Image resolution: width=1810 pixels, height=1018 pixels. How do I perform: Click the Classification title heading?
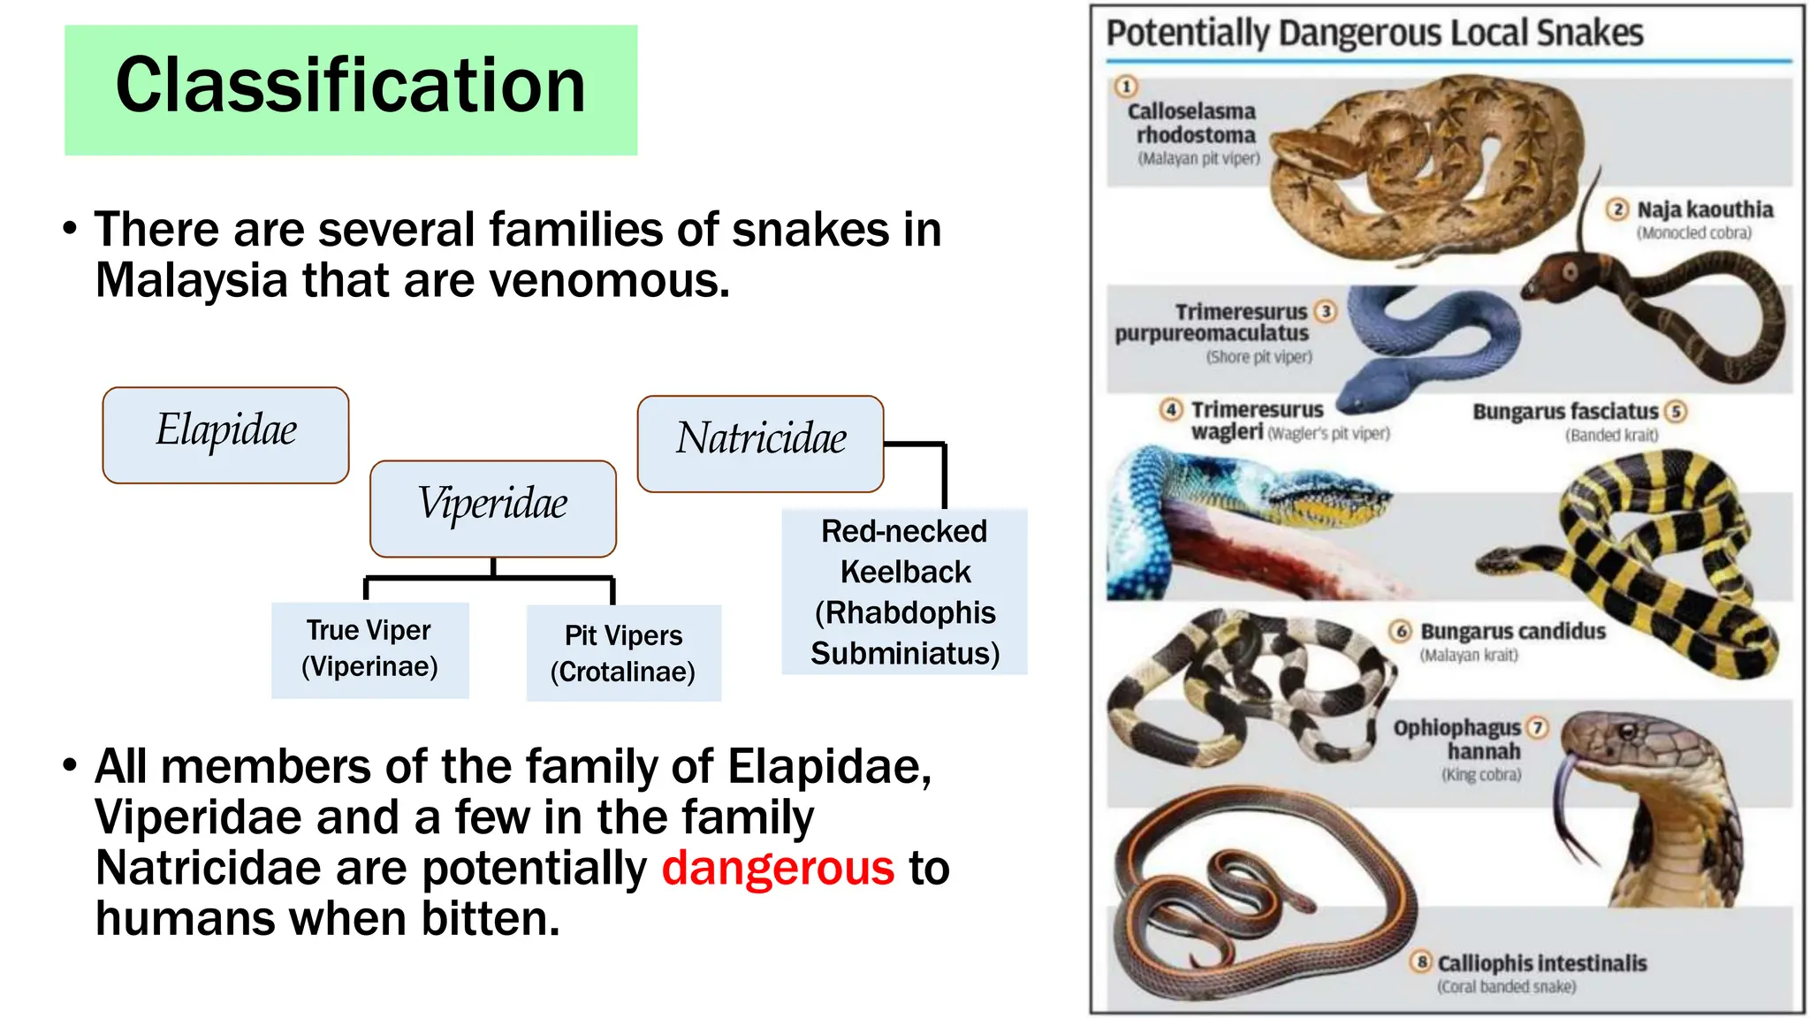click(x=350, y=87)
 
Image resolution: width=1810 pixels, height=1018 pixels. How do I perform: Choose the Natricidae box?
click(x=760, y=443)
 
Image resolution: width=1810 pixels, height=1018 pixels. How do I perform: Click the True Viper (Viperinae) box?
click(x=369, y=650)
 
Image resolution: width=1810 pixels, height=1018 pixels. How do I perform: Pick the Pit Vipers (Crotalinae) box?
click(x=623, y=653)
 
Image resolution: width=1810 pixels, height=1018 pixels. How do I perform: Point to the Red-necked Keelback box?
click(x=904, y=591)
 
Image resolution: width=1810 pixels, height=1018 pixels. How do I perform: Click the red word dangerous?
click(x=778, y=868)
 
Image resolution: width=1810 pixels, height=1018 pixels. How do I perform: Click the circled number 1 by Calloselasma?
click(x=1125, y=87)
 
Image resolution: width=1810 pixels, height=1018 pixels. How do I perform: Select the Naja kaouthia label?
click(x=1704, y=210)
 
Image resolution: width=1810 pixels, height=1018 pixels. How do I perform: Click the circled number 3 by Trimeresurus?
click(x=1325, y=311)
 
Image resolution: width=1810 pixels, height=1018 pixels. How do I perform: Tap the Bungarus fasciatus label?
click(x=1565, y=412)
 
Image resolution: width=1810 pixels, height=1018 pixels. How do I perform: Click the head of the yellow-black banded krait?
click(x=1502, y=559)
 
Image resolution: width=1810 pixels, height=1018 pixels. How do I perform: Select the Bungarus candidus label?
click(x=1512, y=632)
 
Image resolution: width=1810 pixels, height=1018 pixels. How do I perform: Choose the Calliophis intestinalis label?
click(x=1541, y=963)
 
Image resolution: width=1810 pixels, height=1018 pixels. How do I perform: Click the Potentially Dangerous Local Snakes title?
click(x=1374, y=34)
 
